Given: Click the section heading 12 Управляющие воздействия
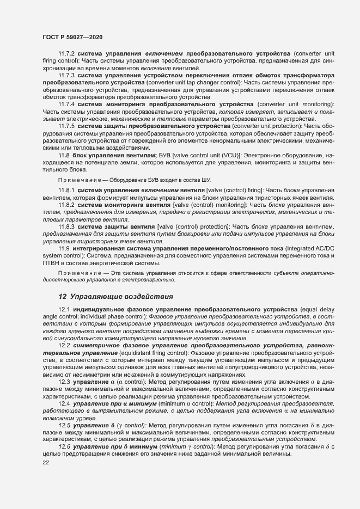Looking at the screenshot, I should click(x=115, y=297).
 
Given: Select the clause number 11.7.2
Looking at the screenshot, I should click(x=66, y=54).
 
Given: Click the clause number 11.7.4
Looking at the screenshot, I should click(x=66, y=103).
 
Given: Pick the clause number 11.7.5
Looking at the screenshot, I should click(x=66, y=125).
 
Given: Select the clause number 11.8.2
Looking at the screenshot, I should click(x=66, y=204).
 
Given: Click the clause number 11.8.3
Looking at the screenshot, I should click(x=66, y=226).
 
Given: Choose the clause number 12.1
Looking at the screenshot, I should click(x=64, y=309).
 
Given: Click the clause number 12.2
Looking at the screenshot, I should click(x=64, y=345).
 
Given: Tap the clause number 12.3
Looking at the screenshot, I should click(x=64, y=382).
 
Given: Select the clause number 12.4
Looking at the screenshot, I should click(x=64, y=403).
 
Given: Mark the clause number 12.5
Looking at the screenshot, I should click(x=64, y=425).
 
